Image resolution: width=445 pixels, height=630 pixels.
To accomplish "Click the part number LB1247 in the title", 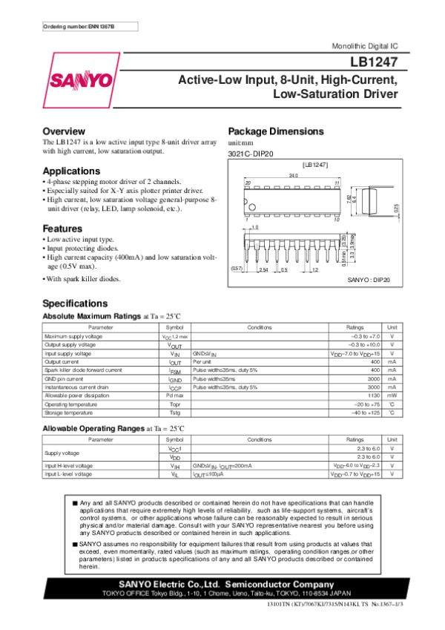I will tap(379, 65).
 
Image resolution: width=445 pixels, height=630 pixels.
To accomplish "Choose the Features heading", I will tap(62, 228).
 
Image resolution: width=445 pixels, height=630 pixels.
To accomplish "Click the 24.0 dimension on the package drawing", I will tap(283, 175).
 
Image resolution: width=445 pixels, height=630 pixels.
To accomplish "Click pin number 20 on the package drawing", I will tap(248, 183).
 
